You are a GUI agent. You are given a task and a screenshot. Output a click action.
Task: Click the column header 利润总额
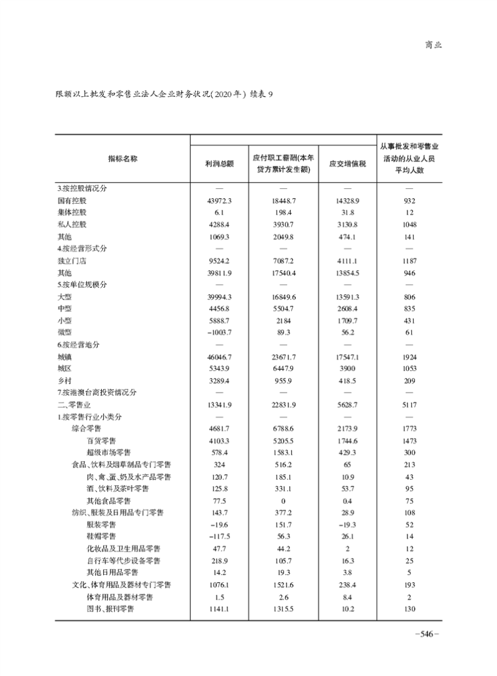[x=219, y=163]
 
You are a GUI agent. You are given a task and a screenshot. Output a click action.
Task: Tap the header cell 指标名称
[x=122, y=158]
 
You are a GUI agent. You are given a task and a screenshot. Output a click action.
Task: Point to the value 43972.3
[x=219, y=201]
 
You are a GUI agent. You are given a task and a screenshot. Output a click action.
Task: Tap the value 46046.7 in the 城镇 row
[x=219, y=357]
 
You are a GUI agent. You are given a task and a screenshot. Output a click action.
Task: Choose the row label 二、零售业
[x=75, y=404]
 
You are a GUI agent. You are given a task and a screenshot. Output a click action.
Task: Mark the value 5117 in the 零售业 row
[x=408, y=404]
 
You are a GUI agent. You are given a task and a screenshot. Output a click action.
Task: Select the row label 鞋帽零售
[x=101, y=536]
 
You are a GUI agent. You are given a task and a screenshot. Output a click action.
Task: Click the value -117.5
[x=218, y=536]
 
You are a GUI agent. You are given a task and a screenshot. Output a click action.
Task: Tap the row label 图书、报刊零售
[x=111, y=608]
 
